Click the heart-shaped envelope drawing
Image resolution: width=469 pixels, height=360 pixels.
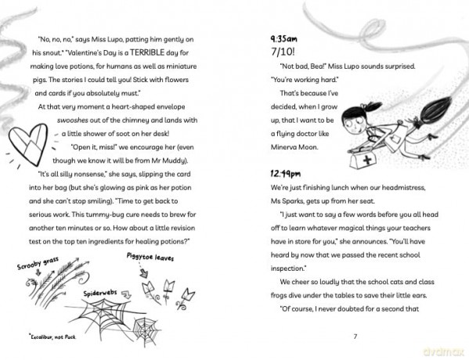click(x=28, y=144)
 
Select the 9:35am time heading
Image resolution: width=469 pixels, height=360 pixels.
click(x=284, y=39)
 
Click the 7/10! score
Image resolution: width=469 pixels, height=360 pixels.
click(x=283, y=52)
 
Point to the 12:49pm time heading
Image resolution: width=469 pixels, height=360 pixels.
click(x=286, y=174)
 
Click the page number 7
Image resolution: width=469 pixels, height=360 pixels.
click(x=355, y=337)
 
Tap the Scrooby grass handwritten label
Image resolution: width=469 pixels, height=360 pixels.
click(x=38, y=263)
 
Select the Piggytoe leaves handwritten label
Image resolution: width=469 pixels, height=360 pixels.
click(x=150, y=257)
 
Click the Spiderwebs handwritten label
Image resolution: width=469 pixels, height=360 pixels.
click(x=100, y=293)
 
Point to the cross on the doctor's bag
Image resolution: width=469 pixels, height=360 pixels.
click(x=367, y=160)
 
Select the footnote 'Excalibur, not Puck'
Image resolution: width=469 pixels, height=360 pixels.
click(x=52, y=337)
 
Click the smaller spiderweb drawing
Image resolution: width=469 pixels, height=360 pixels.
click(x=145, y=329)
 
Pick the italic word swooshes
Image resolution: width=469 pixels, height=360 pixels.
click(x=72, y=121)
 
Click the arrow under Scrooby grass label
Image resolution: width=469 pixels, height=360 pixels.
click(x=38, y=272)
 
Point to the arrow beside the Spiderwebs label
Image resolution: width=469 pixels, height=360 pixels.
click(x=127, y=295)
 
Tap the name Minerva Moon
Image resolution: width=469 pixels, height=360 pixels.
click(x=294, y=147)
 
